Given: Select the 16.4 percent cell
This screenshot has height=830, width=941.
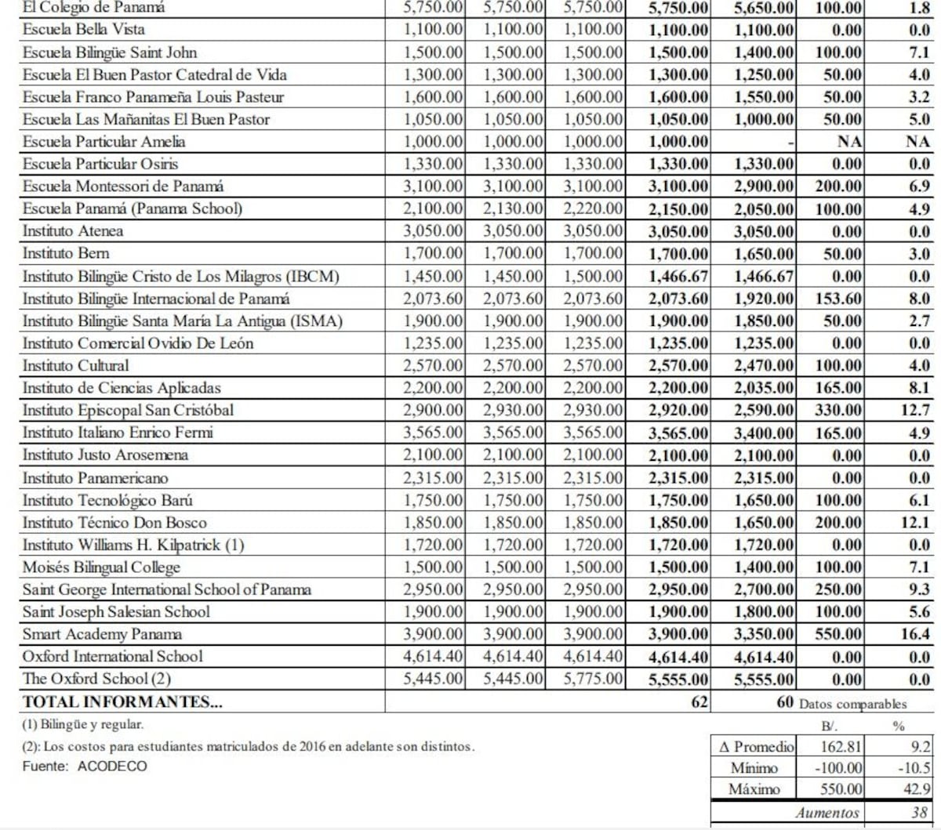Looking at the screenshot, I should [x=915, y=634].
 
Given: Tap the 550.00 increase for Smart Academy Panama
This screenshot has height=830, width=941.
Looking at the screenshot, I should [x=838, y=634].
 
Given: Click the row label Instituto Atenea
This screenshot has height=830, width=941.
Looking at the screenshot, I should [x=73, y=231].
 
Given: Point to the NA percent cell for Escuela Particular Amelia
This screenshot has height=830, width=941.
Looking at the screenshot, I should [x=917, y=142].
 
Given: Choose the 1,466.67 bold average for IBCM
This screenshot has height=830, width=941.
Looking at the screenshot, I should [x=678, y=277].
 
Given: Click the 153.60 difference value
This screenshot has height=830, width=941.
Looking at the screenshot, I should [x=838, y=299].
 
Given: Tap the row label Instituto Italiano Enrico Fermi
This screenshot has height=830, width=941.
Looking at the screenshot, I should [x=118, y=433].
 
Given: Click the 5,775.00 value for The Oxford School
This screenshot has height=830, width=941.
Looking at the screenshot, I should [x=594, y=680].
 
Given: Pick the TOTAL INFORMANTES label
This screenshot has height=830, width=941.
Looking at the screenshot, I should [x=122, y=701].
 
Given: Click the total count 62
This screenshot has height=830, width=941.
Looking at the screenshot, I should [x=699, y=701].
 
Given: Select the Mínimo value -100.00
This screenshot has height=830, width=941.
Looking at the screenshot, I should [x=838, y=768].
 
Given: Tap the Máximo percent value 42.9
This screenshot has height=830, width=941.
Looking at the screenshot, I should [x=917, y=789].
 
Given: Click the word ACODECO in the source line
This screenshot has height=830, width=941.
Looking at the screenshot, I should [x=112, y=767].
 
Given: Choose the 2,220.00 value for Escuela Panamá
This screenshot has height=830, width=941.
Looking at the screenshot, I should [x=594, y=209].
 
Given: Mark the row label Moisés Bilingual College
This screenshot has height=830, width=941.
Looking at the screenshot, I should [x=101, y=567].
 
